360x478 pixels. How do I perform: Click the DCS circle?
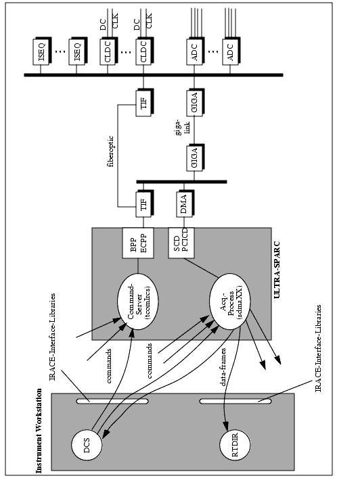(x=87, y=445)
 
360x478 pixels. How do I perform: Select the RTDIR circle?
(x=235, y=445)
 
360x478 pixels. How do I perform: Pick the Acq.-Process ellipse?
(x=229, y=301)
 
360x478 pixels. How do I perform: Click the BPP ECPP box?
(x=138, y=243)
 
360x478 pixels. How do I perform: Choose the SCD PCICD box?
(x=181, y=243)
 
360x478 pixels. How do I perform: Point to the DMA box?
(x=185, y=204)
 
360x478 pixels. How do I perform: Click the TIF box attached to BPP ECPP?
(x=144, y=204)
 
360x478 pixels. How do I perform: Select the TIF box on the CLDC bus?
(x=144, y=103)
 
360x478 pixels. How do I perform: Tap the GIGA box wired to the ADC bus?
(x=196, y=103)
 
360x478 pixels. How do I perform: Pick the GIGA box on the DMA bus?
(x=196, y=158)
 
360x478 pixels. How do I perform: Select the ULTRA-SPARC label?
(x=276, y=270)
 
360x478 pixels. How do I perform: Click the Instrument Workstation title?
(x=39, y=431)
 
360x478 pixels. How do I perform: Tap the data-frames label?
(x=223, y=366)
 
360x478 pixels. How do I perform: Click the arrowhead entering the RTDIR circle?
(x=226, y=427)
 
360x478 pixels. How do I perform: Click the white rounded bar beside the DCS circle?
(x=112, y=401)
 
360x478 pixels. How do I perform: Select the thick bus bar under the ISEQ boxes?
(x=154, y=75)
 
